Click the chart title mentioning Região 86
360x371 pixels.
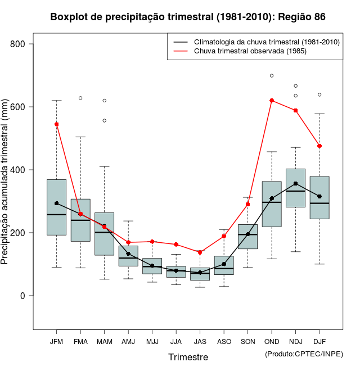coord(188,17)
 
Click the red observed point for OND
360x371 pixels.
coord(272,101)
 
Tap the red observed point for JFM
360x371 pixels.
coord(56,124)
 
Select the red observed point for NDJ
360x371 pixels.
coord(295,111)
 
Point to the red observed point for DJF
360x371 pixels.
coord(319,146)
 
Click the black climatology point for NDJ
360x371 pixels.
coord(295,184)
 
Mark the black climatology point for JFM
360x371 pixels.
coord(56,203)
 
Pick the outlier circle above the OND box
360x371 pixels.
coord(272,75)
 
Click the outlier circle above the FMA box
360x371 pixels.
coord(80,98)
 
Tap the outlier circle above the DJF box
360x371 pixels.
coord(319,94)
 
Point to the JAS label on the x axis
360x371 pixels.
coord(200,341)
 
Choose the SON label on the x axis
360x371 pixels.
coord(247,341)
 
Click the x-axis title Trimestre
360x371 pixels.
coord(188,357)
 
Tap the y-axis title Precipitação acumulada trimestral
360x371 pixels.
coord(7,183)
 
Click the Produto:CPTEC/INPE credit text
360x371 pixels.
coord(303,354)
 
